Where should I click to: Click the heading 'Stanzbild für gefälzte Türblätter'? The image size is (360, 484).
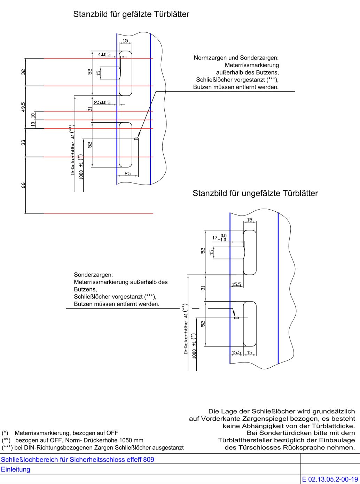coord(131,15)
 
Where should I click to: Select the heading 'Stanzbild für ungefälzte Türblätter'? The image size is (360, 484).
coord(255,193)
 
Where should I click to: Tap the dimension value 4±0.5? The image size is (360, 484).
coord(104,55)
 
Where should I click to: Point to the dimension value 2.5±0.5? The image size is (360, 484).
coord(102,102)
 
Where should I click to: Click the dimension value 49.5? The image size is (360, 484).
coord(23,107)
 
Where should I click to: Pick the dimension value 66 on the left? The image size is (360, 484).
coord(23,185)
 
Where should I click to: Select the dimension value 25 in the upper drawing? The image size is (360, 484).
coord(127,173)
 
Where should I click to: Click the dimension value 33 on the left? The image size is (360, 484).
coord(23,142)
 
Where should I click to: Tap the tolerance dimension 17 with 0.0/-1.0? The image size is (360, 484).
coord(219,238)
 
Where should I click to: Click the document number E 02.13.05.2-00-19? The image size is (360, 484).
coord(330,479)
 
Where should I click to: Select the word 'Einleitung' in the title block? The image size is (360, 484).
coord(16,469)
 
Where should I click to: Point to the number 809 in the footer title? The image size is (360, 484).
coord(149,459)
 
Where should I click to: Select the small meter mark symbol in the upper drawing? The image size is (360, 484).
coord(136,139)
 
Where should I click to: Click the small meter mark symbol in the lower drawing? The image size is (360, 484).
coord(237,318)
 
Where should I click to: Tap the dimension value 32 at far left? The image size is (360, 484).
coord(23,72)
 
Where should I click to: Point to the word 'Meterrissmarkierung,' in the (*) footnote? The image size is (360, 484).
coord(43,433)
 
